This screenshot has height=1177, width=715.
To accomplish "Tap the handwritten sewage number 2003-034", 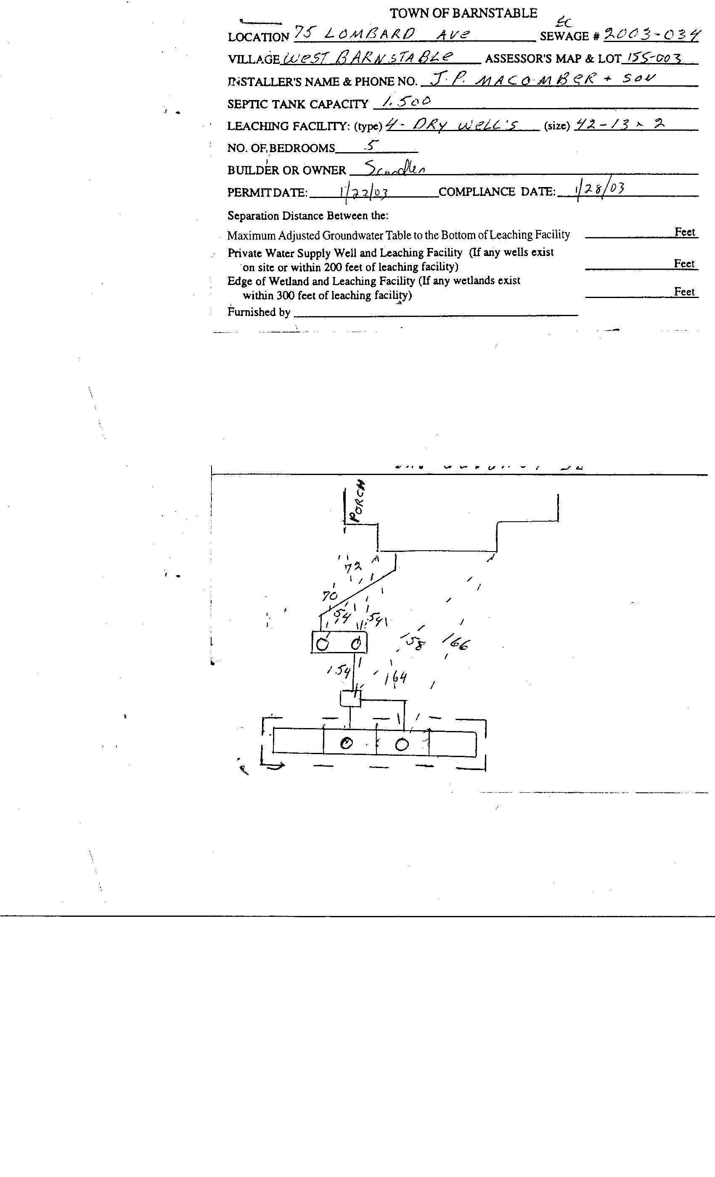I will coord(652,35).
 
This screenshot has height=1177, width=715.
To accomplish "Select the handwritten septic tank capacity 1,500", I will coord(407,101).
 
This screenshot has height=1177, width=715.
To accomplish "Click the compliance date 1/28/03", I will coord(600,189).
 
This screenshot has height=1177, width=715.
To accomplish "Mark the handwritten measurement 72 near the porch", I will coord(353,567).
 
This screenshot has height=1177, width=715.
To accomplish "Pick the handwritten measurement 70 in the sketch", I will coord(330,596).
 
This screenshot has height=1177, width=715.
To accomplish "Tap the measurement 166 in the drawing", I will coord(456,643).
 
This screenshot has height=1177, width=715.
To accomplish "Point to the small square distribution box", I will coord(350,699).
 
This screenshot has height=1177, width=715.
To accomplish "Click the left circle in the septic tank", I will coord(323,644).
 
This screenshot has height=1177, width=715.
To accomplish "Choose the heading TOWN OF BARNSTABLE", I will coord(463,13).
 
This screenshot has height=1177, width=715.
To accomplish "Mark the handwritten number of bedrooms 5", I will coord(372,146).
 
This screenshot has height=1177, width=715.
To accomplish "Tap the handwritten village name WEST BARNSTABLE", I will coord(368,58).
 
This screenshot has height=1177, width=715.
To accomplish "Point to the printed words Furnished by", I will coord(259,312).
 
